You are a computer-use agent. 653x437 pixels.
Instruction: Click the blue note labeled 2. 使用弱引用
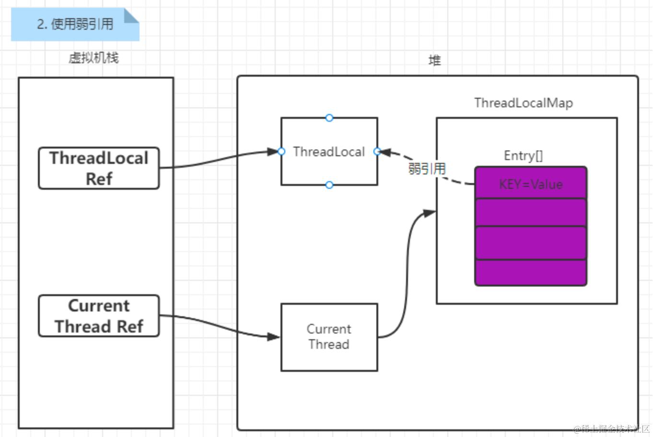(75, 24)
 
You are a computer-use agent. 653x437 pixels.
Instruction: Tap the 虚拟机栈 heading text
(93, 58)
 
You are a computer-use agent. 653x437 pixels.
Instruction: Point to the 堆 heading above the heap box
(434, 60)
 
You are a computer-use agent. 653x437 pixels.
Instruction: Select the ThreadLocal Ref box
(99, 168)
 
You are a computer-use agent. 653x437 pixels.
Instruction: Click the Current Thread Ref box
(99, 316)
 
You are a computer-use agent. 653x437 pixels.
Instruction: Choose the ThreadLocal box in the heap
(329, 152)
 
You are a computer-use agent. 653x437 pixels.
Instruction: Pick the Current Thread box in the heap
(329, 337)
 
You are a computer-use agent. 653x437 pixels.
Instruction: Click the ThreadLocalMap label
(523, 103)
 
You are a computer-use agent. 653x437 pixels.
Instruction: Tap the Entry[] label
(523, 156)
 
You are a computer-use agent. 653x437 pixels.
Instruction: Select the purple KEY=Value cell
(531, 184)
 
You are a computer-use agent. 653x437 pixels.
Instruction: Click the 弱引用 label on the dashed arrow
(427, 169)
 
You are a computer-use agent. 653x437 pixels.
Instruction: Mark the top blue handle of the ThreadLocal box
(329, 118)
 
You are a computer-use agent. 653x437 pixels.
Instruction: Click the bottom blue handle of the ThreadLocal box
(329, 185)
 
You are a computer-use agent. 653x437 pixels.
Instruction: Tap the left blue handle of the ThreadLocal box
(281, 151)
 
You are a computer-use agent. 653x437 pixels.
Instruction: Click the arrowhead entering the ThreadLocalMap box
(430, 212)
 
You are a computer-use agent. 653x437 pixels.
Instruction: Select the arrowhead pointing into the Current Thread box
(274, 337)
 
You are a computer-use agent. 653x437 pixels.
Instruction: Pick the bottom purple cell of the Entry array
(531, 273)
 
